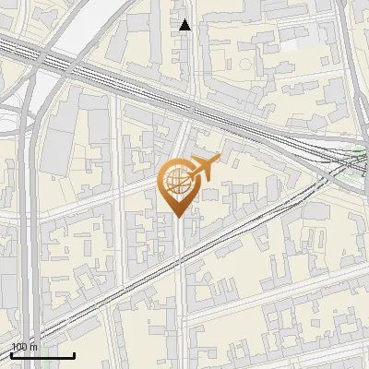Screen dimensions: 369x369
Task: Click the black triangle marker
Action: click(185, 25)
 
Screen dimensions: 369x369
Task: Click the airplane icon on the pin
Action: click(203, 169)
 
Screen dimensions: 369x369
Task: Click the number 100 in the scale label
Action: click(19, 347)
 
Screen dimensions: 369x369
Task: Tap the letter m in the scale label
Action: click(33, 347)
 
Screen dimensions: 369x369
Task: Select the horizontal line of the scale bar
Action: click(42, 355)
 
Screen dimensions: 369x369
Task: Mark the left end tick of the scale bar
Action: click(11, 353)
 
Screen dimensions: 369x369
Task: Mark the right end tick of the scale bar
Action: click(74, 353)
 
